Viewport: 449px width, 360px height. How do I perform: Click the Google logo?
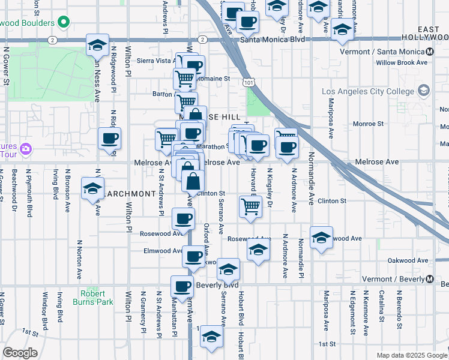coord(20,353)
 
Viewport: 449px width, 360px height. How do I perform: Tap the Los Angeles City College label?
coord(367,92)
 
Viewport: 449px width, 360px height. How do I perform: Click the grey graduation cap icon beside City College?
coord(424,91)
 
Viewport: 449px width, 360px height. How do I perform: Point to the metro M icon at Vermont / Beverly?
coord(430,280)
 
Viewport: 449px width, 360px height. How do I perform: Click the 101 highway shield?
coord(247,81)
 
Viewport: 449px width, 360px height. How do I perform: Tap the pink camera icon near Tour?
coord(25,148)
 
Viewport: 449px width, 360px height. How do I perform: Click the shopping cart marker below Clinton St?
coord(250,206)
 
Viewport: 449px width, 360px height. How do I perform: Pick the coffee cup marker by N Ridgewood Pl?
coord(109,139)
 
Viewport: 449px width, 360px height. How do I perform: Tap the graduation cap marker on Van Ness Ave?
coord(97,45)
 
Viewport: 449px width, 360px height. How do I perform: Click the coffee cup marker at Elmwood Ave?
coord(193,256)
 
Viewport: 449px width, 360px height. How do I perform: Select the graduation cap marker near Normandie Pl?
coord(321,238)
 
